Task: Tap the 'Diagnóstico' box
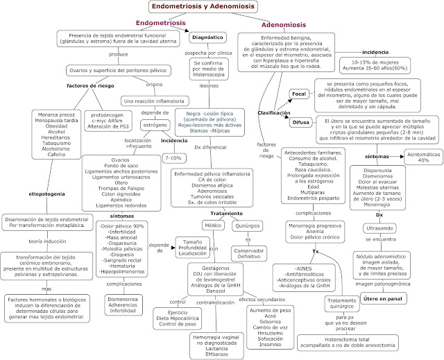pyautogui.click(x=207, y=37)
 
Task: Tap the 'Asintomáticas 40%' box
pyautogui.click(x=413, y=157)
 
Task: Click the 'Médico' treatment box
pyautogui.click(x=212, y=225)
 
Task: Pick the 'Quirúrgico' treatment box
pyautogui.click(x=247, y=225)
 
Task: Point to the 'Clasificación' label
pyautogui.click(x=273, y=112)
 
